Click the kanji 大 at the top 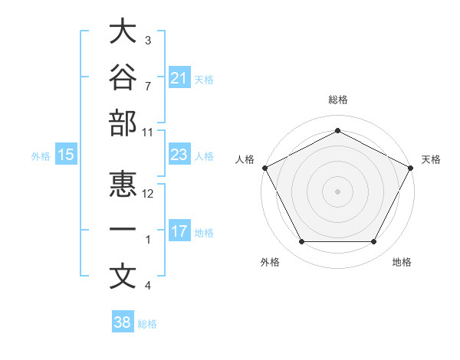(x=123, y=31)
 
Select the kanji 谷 (x=123, y=77)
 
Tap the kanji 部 (x=123, y=123)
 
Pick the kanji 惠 (x=123, y=184)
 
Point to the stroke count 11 (x=147, y=133)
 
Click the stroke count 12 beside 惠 (x=147, y=194)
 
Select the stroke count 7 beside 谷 (x=148, y=87)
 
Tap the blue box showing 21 (x=180, y=77)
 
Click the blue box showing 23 (x=180, y=154)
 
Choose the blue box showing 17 (x=180, y=230)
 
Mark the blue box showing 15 (x=66, y=154)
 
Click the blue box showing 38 (x=123, y=321)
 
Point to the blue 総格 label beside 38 (x=147, y=324)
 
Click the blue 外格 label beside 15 (x=41, y=156)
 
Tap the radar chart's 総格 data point (x=337, y=130)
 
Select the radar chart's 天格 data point (x=411, y=168)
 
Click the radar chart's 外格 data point (x=302, y=241)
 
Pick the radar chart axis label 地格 (x=402, y=262)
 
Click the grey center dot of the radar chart (x=337, y=191)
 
